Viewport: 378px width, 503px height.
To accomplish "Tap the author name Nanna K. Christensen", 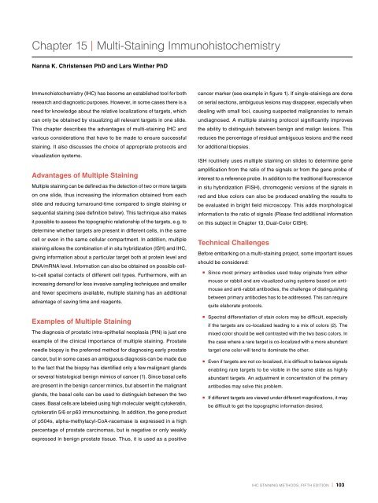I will click(x=65, y=55).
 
